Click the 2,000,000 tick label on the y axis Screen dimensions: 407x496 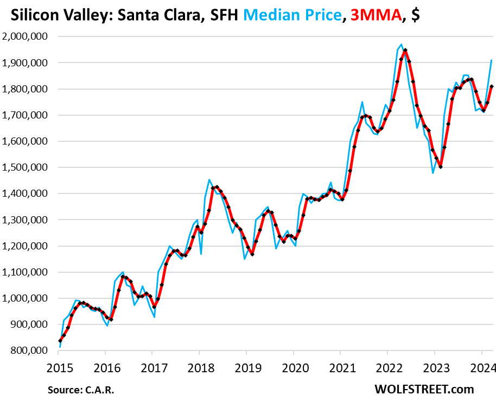click(x=27, y=37)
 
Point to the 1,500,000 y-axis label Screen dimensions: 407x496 click(x=27, y=168)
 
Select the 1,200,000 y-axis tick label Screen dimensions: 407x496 click(x=27, y=246)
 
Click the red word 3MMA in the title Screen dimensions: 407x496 click(x=371, y=16)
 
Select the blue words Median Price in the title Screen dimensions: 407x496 click(x=289, y=16)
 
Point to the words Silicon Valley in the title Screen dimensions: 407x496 click(x=52, y=16)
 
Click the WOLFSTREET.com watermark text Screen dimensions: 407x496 click(x=424, y=389)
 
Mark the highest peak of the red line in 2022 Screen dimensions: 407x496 click(x=405, y=51)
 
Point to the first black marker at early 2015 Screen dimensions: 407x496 click(x=60, y=341)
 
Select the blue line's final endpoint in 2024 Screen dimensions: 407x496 click(x=492, y=60)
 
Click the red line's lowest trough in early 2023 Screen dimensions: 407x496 click(x=441, y=167)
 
